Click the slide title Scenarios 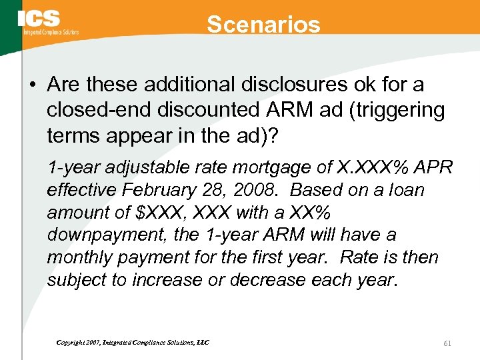tap(263, 25)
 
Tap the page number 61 tap(447, 343)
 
